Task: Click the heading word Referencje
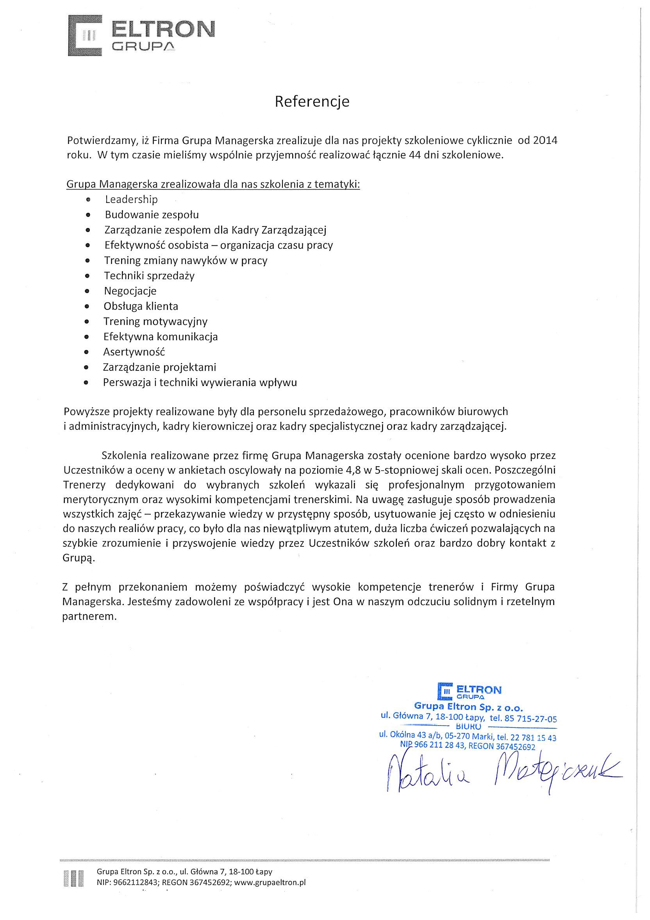click(x=312, y=102)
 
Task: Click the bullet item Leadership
click(x=131, y=199)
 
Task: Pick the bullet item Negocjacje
click(x=130, y=291)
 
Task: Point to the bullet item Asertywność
click(x=134, y=352)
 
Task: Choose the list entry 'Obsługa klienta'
click(x=141, y=307)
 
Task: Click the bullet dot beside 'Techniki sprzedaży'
click(x=87, y=276)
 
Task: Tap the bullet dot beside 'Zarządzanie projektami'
click(x=87, y=367)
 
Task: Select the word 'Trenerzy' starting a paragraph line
click(x=84, y=485)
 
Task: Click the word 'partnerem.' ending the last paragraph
click(x=89, y=616)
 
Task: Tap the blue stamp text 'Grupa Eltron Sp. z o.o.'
click(x=468, y=706)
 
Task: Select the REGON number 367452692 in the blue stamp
click(x=515, y=747)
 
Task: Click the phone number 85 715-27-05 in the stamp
click(x=531, y=718)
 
